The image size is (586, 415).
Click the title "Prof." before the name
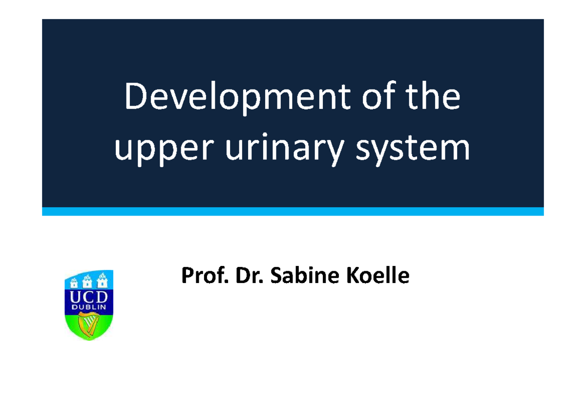point(200,277)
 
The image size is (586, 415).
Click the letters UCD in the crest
point(89,298)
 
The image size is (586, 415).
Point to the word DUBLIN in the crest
point(89,308)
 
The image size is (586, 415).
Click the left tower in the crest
point(75,282)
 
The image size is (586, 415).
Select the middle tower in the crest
point(89,281)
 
